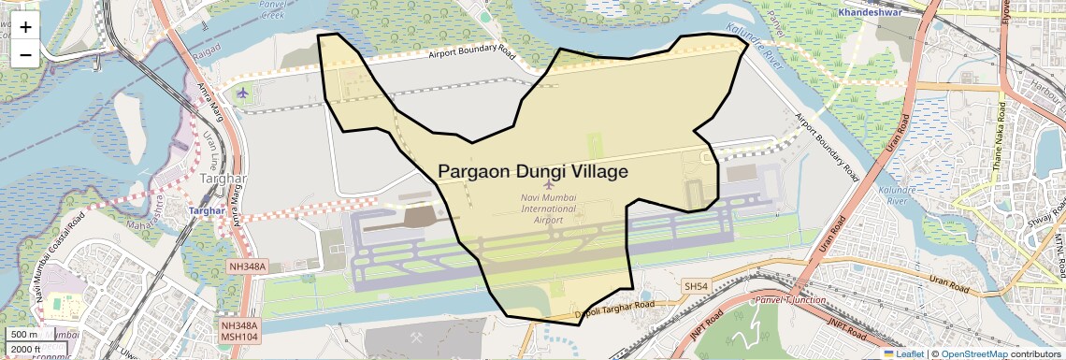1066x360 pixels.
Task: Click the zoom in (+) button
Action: tap(25, 27)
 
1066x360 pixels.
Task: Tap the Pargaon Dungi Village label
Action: tap(533, 171)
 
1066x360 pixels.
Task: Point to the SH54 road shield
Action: tap(697, 285)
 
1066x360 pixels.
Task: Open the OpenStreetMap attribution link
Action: tap(973, 353)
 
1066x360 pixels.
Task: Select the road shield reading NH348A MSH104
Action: tap(238, 331)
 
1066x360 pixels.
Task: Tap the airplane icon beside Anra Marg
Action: tap(244, 93)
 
